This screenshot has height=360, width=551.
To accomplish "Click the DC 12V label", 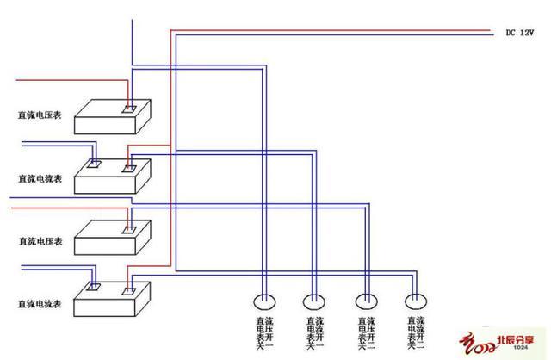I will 521,33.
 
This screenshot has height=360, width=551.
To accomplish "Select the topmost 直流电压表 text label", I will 40,113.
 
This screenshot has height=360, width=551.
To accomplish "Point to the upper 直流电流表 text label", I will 40,178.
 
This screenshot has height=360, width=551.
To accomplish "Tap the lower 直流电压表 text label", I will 40,242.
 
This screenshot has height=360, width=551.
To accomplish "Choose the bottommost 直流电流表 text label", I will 40,305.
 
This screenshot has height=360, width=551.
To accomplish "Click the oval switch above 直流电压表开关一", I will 263,301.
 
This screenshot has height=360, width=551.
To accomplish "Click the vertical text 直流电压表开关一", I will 262,334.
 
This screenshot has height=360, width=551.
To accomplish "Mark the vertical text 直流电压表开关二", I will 365,334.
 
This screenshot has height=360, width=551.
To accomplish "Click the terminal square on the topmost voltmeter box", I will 128,110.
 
